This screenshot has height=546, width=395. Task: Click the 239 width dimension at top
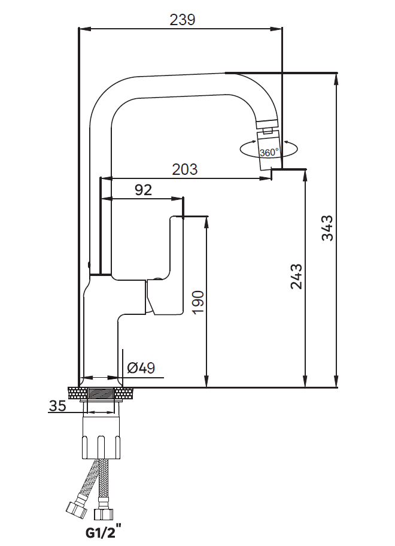click(x=183, y=20)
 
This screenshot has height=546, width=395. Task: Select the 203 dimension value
click(x=185, y=169)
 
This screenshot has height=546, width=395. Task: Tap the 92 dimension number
click(x=144, y=190)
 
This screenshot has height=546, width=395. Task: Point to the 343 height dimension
click(x=327, y=228)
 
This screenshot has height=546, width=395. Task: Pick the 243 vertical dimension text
click(x=296, y=277)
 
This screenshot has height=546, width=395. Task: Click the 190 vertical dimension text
click(x=198, y=302)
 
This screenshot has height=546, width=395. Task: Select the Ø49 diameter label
click(x=141, y=368)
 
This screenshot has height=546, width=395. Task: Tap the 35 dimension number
click(x=57, y=406)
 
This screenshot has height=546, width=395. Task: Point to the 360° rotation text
click(x=269, y=153)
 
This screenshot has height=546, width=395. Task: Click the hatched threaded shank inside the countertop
click(x=102, y=394)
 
